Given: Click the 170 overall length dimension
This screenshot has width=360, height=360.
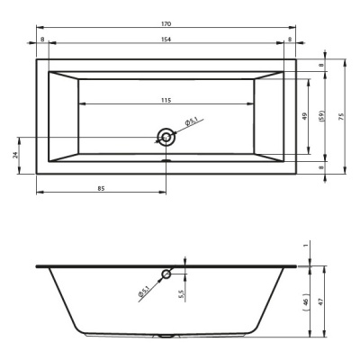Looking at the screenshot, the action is (x=166, y=24).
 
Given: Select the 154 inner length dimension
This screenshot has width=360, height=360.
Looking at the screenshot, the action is (x=166, y=40).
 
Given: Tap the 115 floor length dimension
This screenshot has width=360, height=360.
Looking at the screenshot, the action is (x=166, y=100).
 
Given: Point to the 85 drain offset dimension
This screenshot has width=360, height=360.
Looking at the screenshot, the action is (x=101, y=188).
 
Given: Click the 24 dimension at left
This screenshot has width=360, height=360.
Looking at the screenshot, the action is (x=16, y=155).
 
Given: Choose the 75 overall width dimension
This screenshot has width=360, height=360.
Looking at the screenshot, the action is (x=340, y=117).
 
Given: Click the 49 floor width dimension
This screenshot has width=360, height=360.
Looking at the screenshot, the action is (x=305, y=116).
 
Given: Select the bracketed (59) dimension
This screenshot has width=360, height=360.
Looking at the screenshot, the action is (x=322, y=116).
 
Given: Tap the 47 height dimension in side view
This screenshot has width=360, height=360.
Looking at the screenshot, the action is (x=320, y=301).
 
